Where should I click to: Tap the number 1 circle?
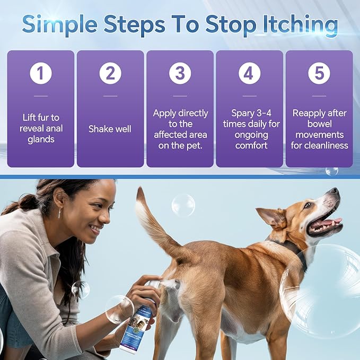tap(41, 73)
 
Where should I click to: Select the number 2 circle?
tap(110, 73)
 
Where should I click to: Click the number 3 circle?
tap(180, 73)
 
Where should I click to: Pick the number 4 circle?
tap(249, 73)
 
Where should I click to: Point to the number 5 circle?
tap(319, 73)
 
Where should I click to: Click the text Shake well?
tap(110, 129)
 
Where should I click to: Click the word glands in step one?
tap(41, 139)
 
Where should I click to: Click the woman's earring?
tap(58, 213)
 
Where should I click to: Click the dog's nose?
tap(333, 191)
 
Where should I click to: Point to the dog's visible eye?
tap(308, 205)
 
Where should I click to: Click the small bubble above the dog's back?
tap(183, 205)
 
